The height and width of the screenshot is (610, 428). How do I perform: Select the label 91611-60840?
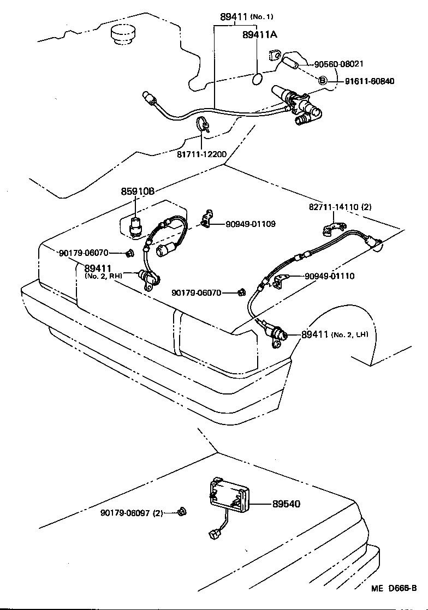tap(369, 81)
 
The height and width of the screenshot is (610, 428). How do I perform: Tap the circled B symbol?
tap(322, 81)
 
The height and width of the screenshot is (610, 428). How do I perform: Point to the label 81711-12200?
tap(201, 154)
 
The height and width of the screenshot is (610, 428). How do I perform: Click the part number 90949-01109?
tap(251, 224)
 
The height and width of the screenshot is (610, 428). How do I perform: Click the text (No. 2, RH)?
tap(103, 276)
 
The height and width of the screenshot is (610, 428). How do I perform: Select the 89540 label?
tap(286, 504)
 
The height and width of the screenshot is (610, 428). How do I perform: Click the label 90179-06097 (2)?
tap(132, 513)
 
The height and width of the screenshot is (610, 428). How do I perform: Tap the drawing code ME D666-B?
tap(394, 588)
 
